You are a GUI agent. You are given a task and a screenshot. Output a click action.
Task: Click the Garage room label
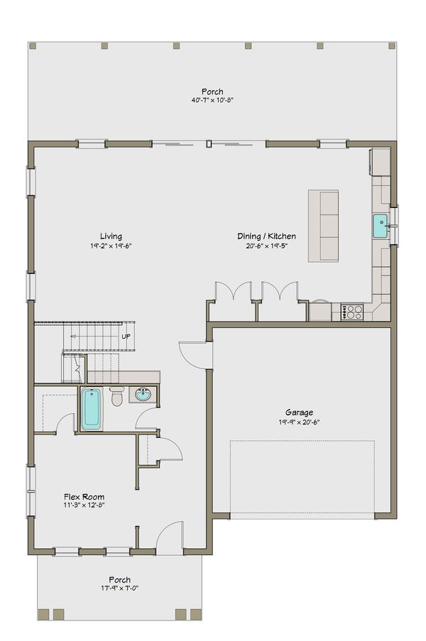[299, 412]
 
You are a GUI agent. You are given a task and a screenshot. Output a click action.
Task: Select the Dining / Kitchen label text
[266, 236]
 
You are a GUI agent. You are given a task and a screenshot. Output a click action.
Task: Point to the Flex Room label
[84, 497]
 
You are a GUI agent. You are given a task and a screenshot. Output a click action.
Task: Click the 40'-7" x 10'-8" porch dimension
[212, 101]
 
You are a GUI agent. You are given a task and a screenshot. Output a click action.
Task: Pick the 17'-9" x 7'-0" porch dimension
[119, 588]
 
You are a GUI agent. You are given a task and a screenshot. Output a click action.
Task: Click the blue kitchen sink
[380, 226]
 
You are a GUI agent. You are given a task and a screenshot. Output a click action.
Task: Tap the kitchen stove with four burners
[352, 312]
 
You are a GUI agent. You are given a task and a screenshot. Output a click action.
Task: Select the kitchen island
[322, 225]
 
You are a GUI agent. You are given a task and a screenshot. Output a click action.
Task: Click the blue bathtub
[90, 409]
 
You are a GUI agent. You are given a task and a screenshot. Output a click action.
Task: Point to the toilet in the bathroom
[117, 397]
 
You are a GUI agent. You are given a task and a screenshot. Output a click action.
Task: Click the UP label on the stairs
[126, 336]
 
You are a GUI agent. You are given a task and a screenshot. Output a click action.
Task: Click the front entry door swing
[170, 538]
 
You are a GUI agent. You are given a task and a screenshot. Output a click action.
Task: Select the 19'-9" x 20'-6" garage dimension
[299, 422]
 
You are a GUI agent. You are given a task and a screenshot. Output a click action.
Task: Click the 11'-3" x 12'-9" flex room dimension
[84, 506]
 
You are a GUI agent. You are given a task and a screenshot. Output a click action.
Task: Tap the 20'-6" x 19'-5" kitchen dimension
[266, 246]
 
